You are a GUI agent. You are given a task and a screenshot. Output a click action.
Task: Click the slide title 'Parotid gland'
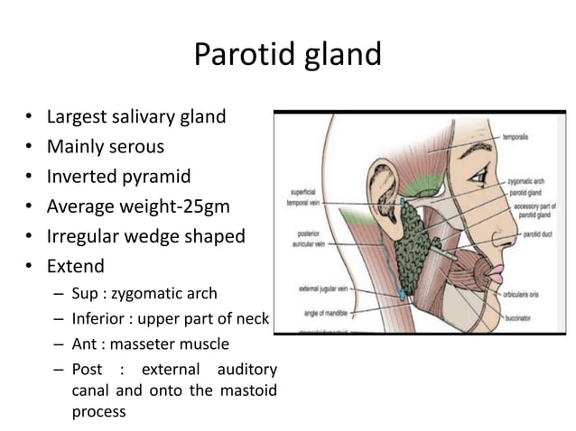click(x=288, y=55)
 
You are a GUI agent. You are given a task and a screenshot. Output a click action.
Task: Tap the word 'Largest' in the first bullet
click(x=79, y=116)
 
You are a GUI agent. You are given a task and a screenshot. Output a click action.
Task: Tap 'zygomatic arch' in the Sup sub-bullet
click(x=166, y=293)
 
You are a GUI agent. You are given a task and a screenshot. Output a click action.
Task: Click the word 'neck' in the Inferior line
click(x=255, y=318)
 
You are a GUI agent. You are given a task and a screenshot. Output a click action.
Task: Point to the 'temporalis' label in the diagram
click(x=516, y=137)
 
